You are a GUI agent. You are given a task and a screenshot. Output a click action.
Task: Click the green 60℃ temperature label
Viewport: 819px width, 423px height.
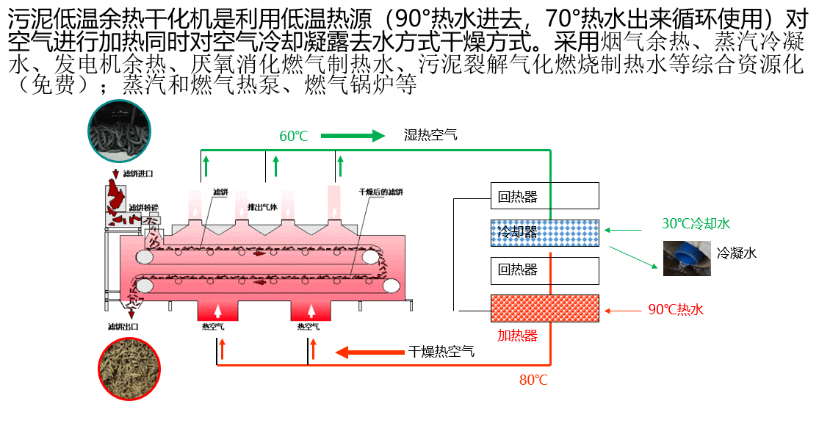(293, 136)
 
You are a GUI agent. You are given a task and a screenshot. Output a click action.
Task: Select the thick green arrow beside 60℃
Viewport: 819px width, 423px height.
(353, 136)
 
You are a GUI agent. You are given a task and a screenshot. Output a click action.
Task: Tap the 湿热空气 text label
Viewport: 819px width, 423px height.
(430, 135)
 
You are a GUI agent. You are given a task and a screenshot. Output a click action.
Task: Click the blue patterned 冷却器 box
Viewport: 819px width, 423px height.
(545, 233)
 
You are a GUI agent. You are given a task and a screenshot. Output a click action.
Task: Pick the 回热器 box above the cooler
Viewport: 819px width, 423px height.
(545, 196)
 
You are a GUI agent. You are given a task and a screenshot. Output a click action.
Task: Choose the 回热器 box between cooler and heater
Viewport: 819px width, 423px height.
(545, 270)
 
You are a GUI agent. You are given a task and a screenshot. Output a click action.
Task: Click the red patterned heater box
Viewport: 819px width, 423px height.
(545, 308)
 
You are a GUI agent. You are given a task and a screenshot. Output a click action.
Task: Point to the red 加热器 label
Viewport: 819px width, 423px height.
(517, 336)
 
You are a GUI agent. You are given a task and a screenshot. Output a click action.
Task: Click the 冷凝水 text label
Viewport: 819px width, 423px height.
(736, 253)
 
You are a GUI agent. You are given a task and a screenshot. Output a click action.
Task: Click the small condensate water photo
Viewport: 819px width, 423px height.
(686, 258)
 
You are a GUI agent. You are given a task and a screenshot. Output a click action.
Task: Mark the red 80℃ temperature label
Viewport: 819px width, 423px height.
(533, 380)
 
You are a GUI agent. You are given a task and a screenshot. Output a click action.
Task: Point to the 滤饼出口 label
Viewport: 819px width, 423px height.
(123, 326)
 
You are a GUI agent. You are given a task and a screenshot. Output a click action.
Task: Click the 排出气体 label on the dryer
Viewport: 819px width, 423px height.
(263, 207)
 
